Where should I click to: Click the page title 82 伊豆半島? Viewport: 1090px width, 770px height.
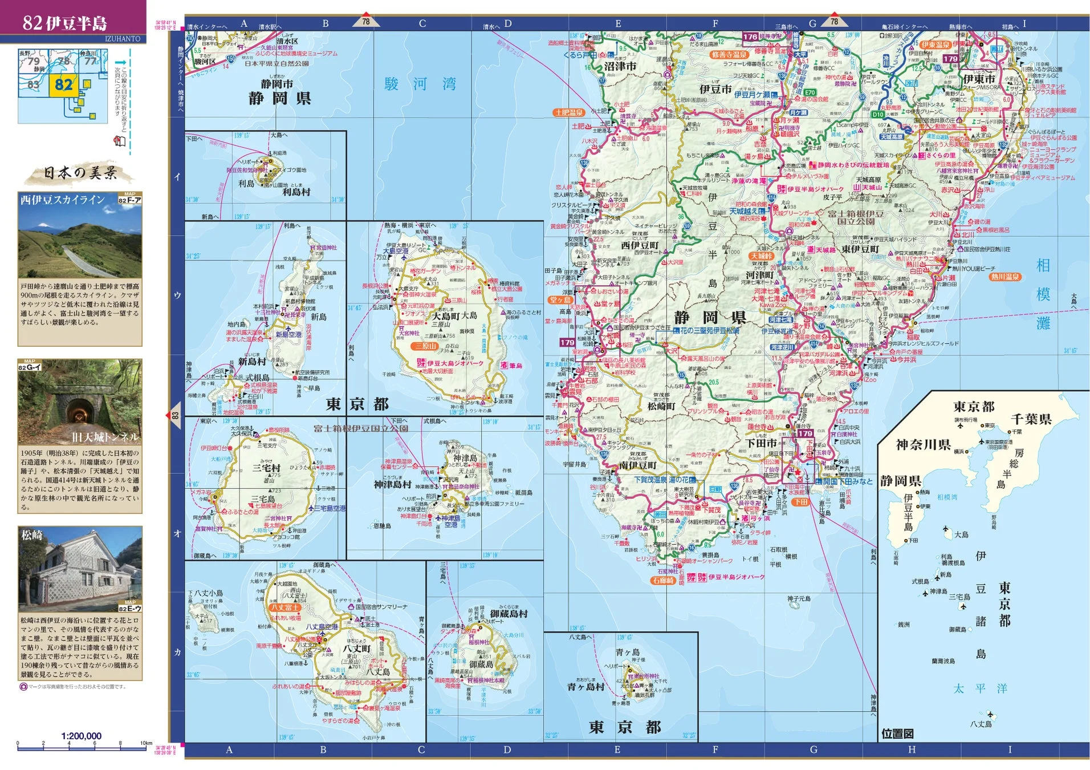point(64,23)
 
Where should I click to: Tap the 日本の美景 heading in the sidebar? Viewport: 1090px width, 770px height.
point(80,172)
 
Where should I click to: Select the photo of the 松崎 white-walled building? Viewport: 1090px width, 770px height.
point(80,569)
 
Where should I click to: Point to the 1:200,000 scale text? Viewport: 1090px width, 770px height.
point(81,736)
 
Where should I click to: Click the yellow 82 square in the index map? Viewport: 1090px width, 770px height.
point(63,85)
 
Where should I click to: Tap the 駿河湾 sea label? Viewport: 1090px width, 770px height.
point(420,84)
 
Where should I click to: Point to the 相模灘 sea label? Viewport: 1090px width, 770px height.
point(1043,294)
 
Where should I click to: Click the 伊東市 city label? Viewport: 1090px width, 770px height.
point(979,79)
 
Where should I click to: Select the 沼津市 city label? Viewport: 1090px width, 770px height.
point(620,66)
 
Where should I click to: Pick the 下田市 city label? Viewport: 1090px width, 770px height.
point(761,443)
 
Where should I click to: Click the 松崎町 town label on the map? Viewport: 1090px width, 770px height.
point(661,406)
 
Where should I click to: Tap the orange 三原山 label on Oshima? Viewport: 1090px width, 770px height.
point(425,346)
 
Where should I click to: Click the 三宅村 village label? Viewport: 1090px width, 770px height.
point(266,468)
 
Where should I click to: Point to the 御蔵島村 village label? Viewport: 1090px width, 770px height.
point(509,614)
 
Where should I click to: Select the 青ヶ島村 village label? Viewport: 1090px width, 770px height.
point(585,687)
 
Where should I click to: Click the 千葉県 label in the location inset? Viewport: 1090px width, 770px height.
point(1031,419)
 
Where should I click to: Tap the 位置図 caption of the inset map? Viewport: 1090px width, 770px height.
point(897,733)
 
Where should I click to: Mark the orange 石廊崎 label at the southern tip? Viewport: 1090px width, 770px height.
point(663,580)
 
